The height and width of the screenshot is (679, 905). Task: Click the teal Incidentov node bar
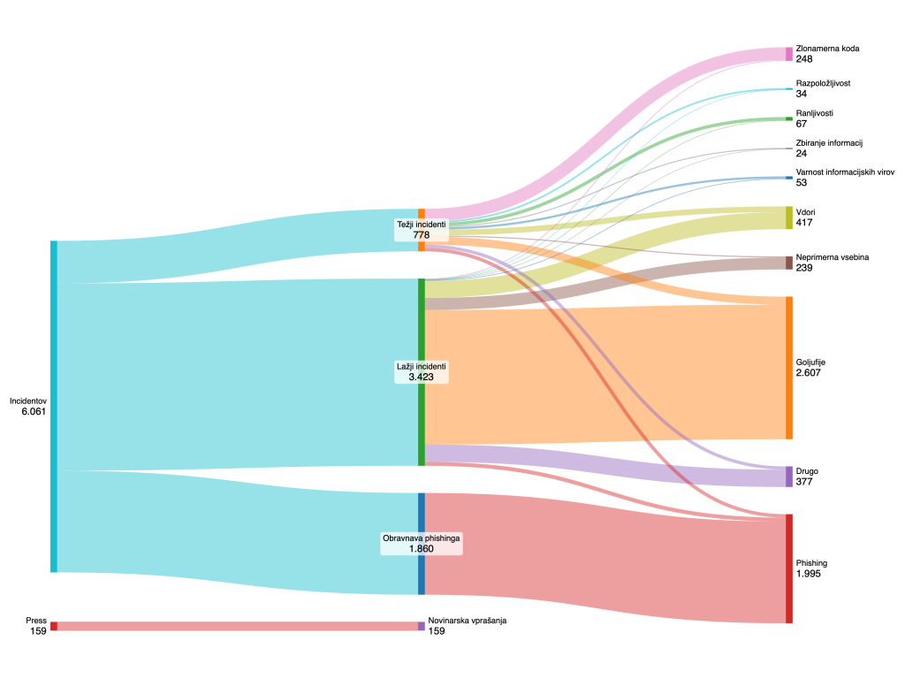(54, 406)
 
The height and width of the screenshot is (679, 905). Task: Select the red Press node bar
(54, 626)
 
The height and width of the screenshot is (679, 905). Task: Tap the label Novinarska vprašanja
(467, 621)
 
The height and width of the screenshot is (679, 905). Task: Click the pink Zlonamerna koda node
(789, 54)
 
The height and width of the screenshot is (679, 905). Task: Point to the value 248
(803, 59)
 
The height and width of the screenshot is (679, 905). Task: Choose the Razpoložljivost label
(823, 83)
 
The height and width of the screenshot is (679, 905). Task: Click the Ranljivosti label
(814, 113)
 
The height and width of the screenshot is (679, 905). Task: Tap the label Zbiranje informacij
(828, 143)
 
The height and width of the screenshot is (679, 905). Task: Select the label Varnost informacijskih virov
(845, 172)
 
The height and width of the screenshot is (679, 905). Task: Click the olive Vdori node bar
(789, 217)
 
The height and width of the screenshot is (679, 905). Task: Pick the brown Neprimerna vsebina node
(789, 263)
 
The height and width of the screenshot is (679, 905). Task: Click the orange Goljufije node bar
(789, 368)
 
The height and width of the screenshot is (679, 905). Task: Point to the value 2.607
(810, 373)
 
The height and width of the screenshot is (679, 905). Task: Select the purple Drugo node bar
(789, 477)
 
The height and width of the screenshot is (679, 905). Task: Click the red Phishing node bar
(789, 568)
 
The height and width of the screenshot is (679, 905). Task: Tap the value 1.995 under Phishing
(810, 574)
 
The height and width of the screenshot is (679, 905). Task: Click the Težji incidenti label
(422, 225)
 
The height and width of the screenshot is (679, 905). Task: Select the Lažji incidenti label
(422, 366)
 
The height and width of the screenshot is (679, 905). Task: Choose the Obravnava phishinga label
(422, 538)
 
